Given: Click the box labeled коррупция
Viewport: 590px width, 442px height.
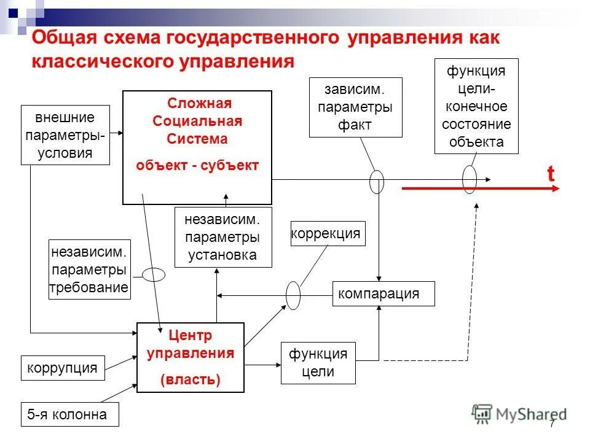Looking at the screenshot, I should coord(62,368).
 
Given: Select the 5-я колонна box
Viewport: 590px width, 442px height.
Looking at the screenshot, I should coord(69,414).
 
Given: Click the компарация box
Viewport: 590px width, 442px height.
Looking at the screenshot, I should coord(383,293).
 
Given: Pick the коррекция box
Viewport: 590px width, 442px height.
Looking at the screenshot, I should coord(328,234).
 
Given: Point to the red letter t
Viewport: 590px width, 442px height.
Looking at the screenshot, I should coord(551,174).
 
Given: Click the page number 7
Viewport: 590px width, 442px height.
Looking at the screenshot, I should coord(552,424).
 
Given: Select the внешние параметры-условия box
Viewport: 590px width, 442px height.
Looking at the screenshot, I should coord(65,135).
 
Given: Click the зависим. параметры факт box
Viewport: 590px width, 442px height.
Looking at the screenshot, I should coord(355,107).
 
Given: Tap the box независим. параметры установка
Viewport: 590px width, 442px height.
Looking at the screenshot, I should coord(223,237).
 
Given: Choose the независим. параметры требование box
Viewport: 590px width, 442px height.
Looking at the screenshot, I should coord(90,269).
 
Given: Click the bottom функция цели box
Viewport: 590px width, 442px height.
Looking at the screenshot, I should coord(318,363).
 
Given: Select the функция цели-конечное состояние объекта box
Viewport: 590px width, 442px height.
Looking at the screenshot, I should coord(476,106).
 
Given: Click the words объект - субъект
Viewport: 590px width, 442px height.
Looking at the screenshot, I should coord(197,165).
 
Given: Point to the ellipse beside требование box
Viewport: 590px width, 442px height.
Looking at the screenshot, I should coord(154,274).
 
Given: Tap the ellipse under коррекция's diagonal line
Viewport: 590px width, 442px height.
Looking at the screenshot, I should coord(293,296).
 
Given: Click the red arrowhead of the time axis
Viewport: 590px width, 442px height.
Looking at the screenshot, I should coord(556,189).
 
